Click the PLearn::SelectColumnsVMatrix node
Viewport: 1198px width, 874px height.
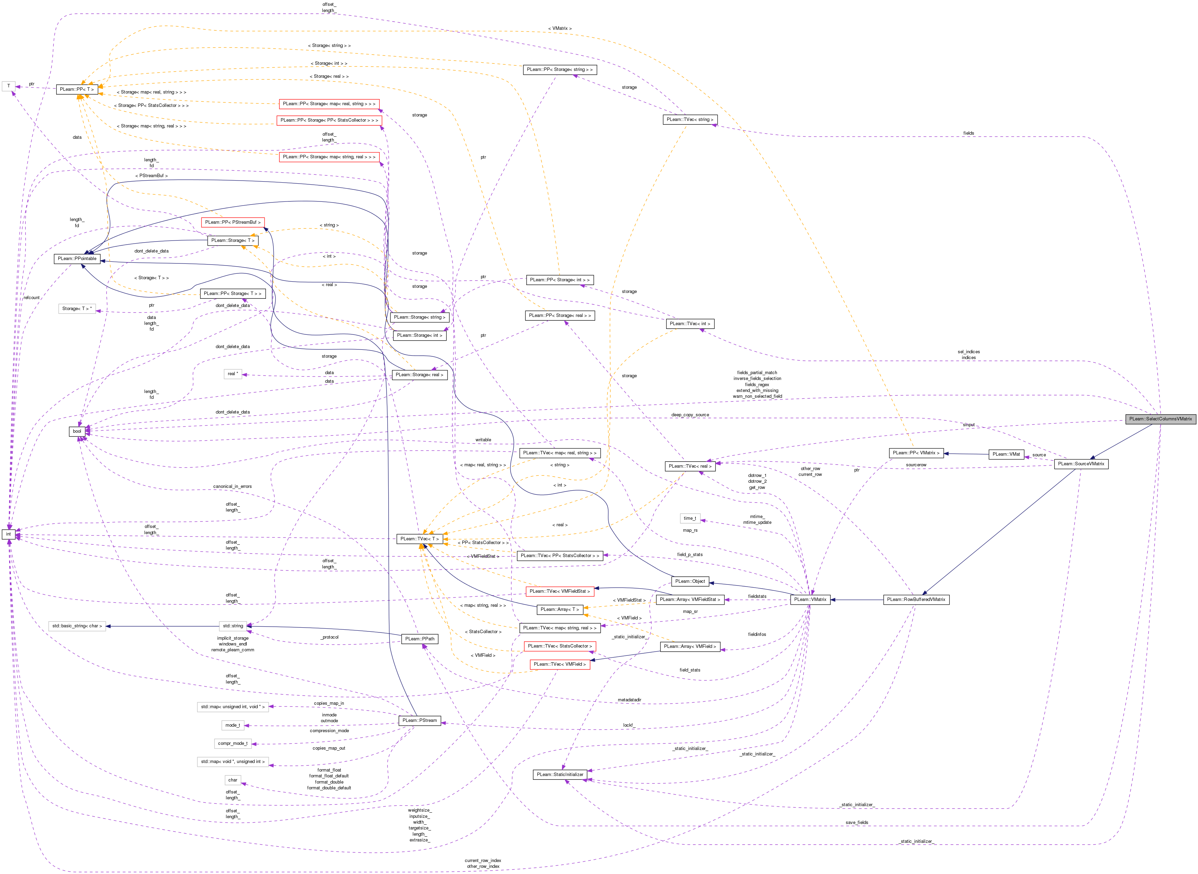(1160, 419)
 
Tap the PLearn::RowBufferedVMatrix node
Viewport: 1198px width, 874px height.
(916, 600)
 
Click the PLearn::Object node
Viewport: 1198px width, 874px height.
(690, 581)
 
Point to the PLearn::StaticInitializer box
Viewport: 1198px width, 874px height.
(560, 775)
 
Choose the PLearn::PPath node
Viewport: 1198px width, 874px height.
(420, 639)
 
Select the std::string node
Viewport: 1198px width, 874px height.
(233, 626)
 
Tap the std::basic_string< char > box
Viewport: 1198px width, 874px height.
(77, 626)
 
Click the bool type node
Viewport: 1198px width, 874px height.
(77, 431)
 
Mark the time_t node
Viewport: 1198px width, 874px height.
(689, 518)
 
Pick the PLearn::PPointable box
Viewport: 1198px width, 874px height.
(77, 259)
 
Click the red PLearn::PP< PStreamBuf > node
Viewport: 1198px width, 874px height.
(233, 222)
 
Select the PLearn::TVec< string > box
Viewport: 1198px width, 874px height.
(690, 120)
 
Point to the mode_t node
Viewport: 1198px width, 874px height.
(233, 725)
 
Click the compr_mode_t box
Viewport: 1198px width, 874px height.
(233, 743)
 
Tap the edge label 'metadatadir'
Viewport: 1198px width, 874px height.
(629, 700)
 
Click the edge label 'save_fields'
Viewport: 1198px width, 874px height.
(857, 823)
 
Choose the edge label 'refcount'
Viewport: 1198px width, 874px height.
(32, 298)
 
